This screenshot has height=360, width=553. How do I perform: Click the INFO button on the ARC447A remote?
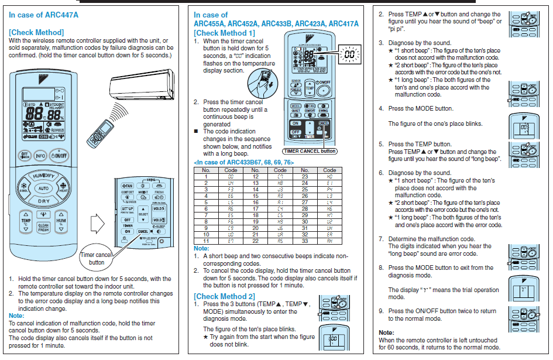point(40,156)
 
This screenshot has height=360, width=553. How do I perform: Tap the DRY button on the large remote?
point(44,201)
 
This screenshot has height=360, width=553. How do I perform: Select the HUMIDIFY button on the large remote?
point(44,176)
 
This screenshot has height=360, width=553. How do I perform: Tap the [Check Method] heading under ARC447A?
point(36,32)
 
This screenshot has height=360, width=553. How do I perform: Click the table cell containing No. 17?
point(255,208)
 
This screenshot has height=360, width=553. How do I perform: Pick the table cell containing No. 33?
point(305,241)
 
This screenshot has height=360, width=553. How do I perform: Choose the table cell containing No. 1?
point(205,176)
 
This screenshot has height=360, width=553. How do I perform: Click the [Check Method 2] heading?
point(224,297)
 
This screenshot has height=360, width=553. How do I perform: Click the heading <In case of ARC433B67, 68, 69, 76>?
point(243,162)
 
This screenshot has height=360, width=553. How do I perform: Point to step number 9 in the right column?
point(381,311)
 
